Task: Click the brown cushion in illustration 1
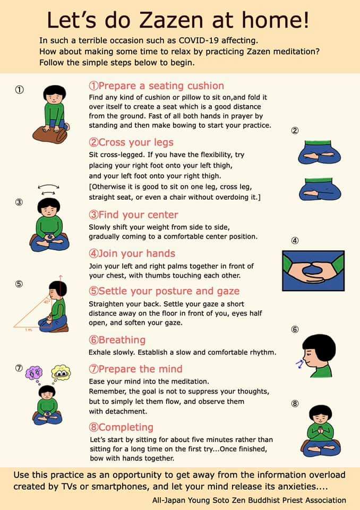pyautogui.click(x=50, y=134)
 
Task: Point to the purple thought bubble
pyautogui.click(x=34, y=373)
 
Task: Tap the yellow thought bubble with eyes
pyautogui.click(x=61, y=372)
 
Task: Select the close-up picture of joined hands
pyautogui.click(x=313, y=270)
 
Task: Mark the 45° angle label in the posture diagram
pyautogui.click(x=47, y=302)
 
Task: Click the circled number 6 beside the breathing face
pyautogui.click(x=295, y=329)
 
